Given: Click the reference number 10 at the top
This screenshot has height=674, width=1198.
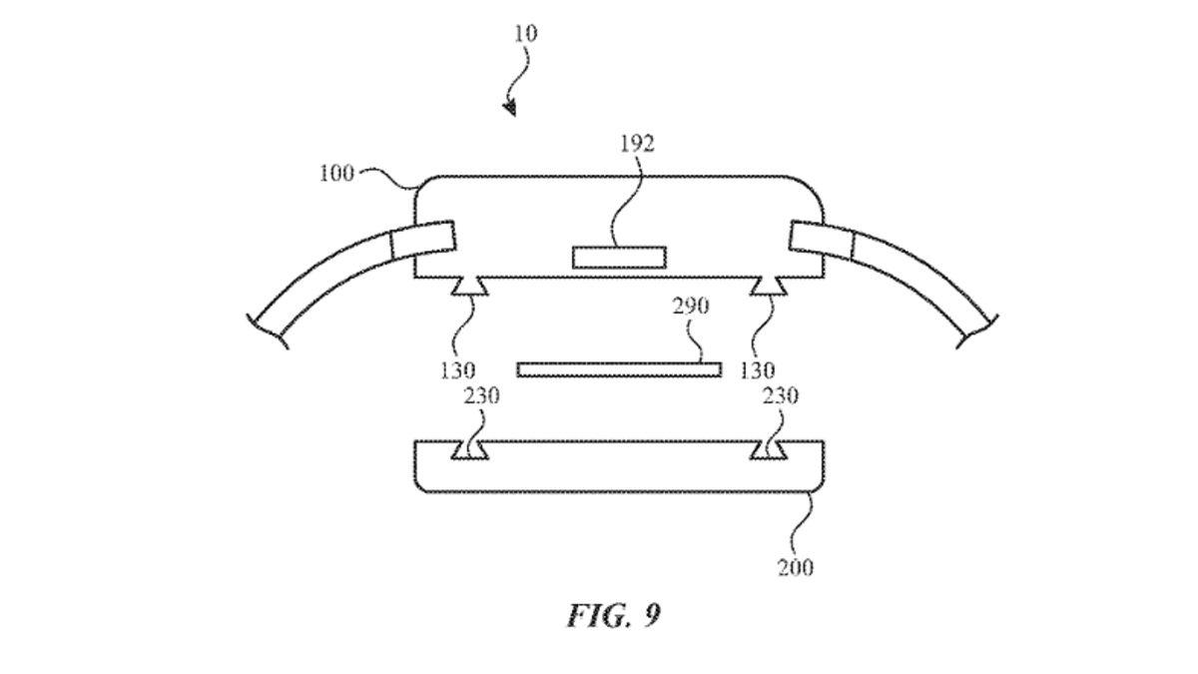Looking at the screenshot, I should point(525,34).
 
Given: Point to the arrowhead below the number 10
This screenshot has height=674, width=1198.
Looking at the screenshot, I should point(510,106).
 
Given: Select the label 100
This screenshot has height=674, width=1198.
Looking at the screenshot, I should point(336,173).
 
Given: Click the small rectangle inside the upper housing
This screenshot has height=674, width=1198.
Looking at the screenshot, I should point(619,258).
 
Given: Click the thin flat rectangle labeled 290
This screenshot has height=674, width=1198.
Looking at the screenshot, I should point(619,369).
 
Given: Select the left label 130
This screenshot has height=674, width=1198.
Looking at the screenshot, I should point(456,371).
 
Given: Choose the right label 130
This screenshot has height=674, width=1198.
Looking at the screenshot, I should point(757,371).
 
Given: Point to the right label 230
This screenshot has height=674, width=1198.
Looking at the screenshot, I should point(780,396).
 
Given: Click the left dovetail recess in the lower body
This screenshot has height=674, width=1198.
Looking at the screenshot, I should point(468,451).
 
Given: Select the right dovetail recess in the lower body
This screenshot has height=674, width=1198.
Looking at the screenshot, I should point(769,451).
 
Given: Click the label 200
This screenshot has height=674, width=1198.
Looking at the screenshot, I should point(795,568).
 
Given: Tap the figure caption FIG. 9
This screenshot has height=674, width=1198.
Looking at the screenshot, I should point(613,615).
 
